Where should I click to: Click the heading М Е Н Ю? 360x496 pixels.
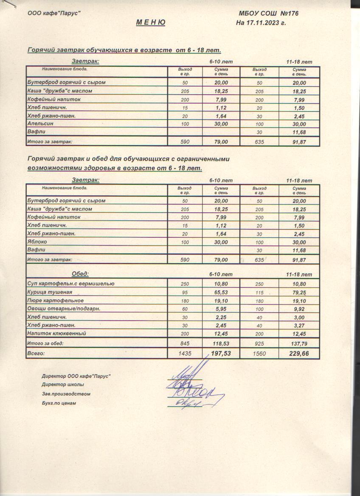tap(151, 23)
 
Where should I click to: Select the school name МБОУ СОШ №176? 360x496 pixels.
tap(269, 14)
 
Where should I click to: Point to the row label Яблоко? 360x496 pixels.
tap(37, 242)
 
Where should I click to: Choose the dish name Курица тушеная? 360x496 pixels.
tap(50, 292)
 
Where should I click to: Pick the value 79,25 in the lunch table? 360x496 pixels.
tap(299, 293)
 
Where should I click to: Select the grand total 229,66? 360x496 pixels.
tap(299, 353)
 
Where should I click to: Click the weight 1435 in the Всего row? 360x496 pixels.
tap(185, 353)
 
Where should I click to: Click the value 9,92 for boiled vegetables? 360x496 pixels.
tap(299, 309)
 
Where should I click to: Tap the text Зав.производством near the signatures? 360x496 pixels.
tap(66, 394)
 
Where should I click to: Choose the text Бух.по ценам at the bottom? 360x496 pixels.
tap(59, 403)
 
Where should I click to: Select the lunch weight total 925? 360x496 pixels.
tap(259, 343)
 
